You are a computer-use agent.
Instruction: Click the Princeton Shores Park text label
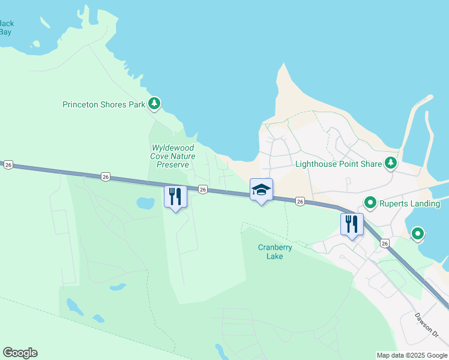tap(104, 104)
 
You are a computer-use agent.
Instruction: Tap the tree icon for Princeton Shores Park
tap(155, 104)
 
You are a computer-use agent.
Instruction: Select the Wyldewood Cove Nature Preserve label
tap(173, 156)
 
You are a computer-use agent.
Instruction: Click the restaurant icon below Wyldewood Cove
tap(175, 196)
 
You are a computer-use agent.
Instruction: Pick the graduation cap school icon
tap(261, 190)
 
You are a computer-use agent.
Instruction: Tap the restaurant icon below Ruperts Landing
tap(352, 224)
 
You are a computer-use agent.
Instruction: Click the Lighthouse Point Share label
tap(339, 164)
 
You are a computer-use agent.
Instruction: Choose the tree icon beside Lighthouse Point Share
tap(391, 163)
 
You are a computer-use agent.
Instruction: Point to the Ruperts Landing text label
tap(410, 203)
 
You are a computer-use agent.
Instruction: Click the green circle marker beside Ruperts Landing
tap(370, 203)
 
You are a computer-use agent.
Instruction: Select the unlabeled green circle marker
tap(417, 233)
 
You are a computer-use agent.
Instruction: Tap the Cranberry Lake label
tap(270, 251)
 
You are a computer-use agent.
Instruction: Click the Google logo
tap(20, 353)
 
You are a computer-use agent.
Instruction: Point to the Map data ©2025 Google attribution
tap(412, 355)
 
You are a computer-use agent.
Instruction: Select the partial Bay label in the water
tap(6, 28)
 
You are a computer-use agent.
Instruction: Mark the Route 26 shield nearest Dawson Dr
tap(385, 243)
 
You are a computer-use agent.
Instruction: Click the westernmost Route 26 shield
tap(8, 164)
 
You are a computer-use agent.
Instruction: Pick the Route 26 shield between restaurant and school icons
tap(203, 189)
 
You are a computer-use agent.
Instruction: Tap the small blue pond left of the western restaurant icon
tap(145, 203)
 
